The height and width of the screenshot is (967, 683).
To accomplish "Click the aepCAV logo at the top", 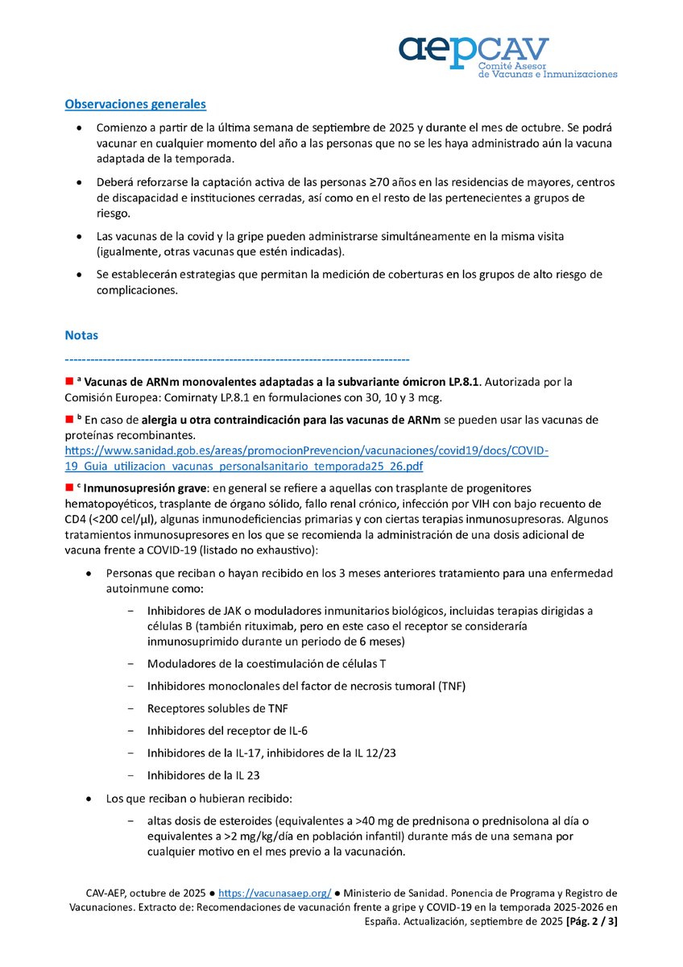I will tap(508, 56).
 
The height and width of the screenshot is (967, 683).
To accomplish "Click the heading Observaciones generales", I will tap(135, 104).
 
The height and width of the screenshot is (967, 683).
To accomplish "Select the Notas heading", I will tap(81, 334).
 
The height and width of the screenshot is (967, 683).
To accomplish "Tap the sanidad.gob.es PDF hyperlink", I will tap(306, 459).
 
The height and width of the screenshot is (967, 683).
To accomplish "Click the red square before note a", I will tap(69, 380).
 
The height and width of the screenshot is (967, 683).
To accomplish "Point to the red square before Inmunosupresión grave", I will tap(69, 488).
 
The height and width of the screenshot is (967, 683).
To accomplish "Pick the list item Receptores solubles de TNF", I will tap(217, 708).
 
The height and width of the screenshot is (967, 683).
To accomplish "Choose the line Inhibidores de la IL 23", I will tap(204, 775).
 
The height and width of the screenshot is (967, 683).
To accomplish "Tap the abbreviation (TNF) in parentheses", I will tap(453, 686).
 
